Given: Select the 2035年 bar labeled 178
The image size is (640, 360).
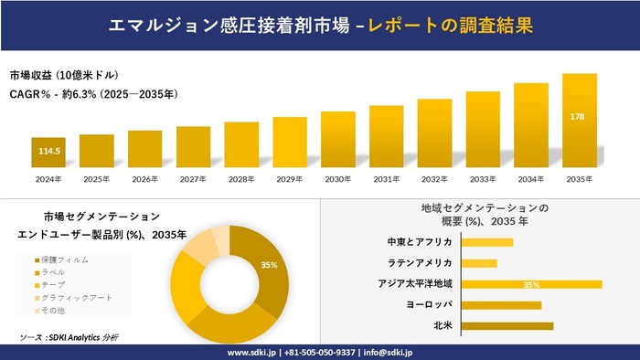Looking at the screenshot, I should pyautogui.click(x=579, y=122).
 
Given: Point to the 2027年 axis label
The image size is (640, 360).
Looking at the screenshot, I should pyautogui.click(x=194, y=179).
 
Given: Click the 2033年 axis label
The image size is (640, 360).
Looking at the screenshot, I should pyautogui.click(x=483, y=179).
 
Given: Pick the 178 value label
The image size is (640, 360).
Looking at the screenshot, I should pyautogui.click(x=579, y=116).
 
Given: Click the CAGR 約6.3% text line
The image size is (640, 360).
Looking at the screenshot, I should pyautogui.click(x=93, y=93).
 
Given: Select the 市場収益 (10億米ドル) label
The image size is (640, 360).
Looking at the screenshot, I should pyautogui.click(x=64, y=75).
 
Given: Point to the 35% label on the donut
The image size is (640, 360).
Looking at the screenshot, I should pyautogui.click(x=269, y=265).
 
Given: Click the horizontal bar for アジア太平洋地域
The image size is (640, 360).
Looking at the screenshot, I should pyautogui.click(x=531, y=284).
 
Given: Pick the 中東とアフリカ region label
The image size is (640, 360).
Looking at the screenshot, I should pyautogui.click(x=420, y=242).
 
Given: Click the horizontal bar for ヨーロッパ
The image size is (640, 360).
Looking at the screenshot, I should pyautogui.click(x=501, y=305).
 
